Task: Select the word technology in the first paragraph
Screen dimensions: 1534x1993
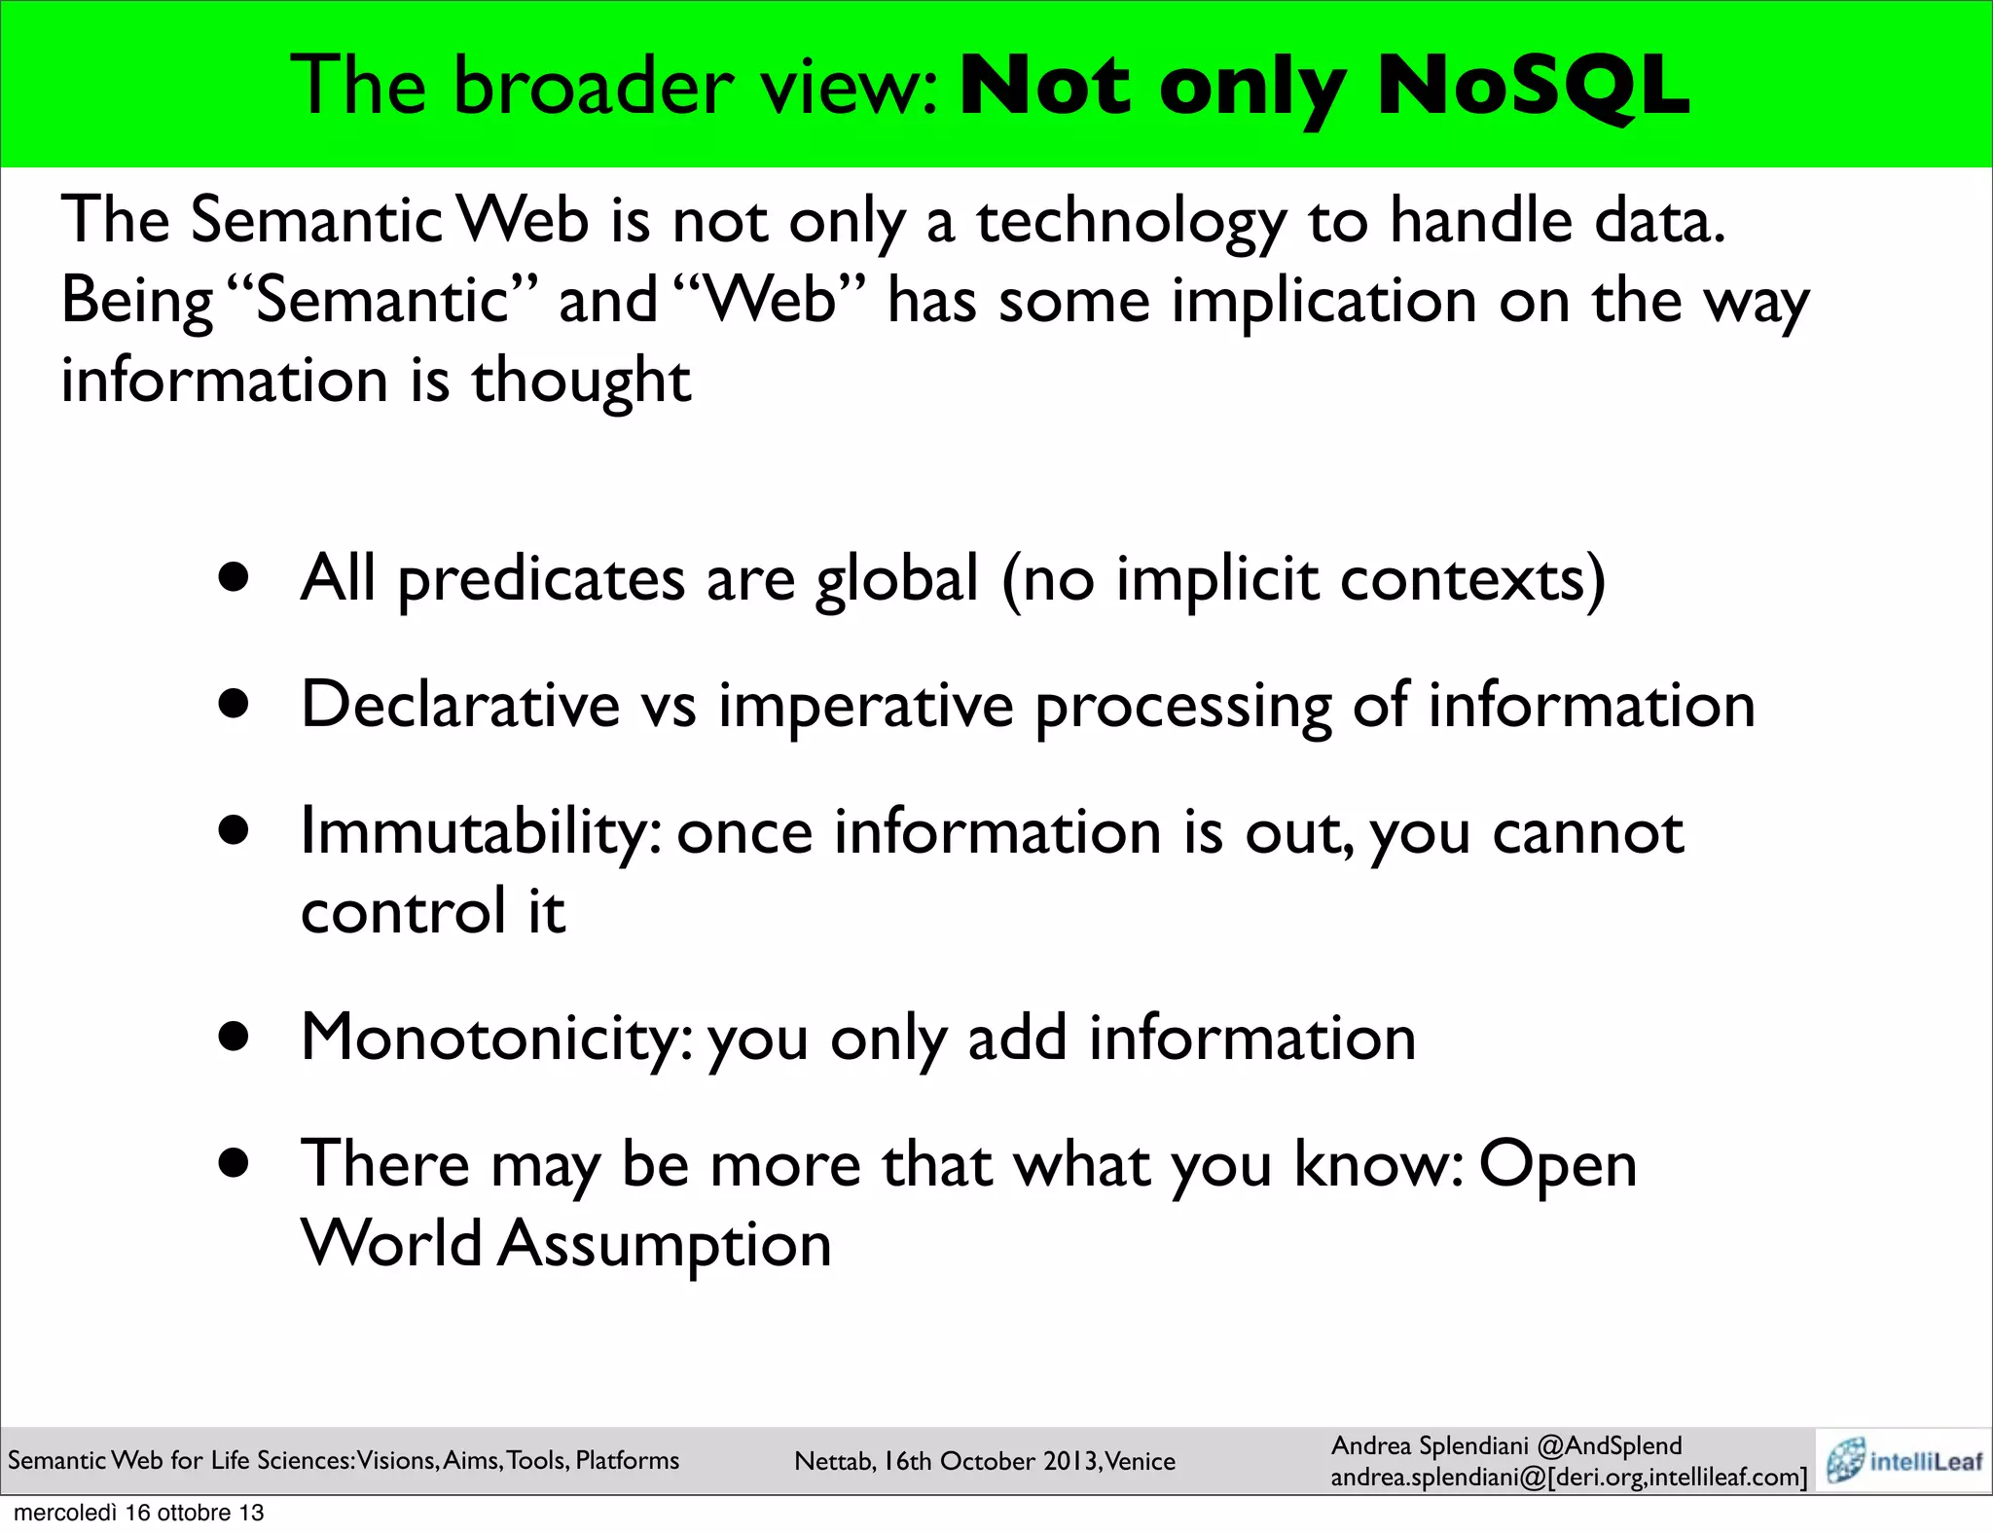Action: point(1131,220)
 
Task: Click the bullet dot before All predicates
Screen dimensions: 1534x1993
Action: point(235,578)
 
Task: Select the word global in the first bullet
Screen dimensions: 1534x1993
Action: point(896,579)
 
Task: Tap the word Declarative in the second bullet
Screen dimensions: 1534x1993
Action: point(460,705)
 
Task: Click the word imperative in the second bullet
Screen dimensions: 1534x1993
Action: point(865,706)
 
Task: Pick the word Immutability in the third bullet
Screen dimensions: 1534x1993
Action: point(482,832)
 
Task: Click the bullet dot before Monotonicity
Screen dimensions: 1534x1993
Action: point(235,1038)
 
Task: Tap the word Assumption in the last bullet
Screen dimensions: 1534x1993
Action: point(665,1244)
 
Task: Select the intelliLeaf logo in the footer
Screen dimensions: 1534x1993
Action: point(1904,1460)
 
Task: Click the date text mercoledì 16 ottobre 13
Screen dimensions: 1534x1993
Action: point(139,1513)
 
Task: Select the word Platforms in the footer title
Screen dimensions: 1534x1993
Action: point(628,1460)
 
